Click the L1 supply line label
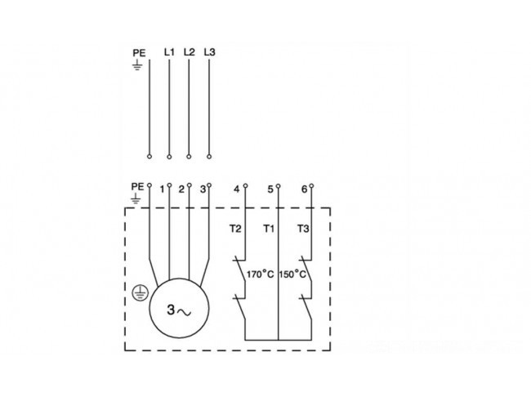[x=169, y=52]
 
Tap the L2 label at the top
[x=190, y=52]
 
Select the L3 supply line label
[x=209, y=52]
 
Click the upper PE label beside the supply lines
[x=139, y=53]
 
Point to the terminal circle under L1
[x=169, y=157]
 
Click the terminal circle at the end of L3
[x=209, y=157]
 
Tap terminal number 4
[x=236, y=189]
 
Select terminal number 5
[x=270, y=189]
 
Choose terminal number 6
[x=304, y=189]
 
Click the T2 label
[x=235, y=229]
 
